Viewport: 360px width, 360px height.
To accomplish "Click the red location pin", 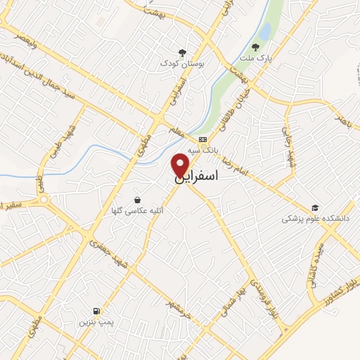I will click(181, 165).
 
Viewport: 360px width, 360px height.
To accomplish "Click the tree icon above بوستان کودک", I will click(182, 52).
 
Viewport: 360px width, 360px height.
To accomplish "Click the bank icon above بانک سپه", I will click(202, 139).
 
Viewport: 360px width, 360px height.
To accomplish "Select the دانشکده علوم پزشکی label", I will click(316, 219).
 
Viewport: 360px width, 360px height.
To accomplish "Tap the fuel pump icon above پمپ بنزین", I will click(94, 311).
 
